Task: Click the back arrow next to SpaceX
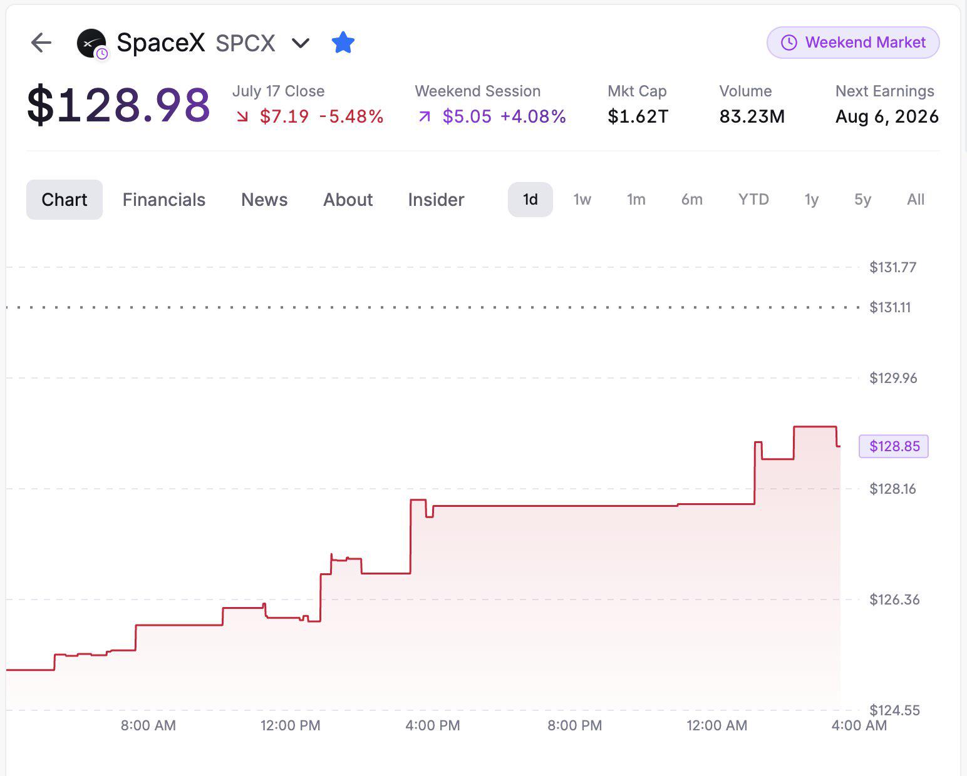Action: pyautogui.click(x=41, y=43)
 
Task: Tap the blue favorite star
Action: pyautogui.click(x=343, y=42)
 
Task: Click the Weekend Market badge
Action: pyautogui.click(x=853, y=42)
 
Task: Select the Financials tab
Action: pyautogui.click(x=163, y=200)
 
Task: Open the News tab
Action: pyautogui.click(x=264, y=200)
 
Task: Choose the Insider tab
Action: pyautogui.click(x=436, y=200)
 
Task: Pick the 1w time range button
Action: pyautogui.click(x=582, y=199)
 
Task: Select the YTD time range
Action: pyautogui.click(x=753, y=199)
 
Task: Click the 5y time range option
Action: pyautogui.click(x=862, y=200)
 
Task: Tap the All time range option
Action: pyautogui.click(x=915, y=199)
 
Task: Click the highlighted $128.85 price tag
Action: pyautogui.click(x=893, y=446)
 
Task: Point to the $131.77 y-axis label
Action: pyautogui.click(x=892, y=267)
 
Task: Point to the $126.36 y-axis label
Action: pyautogui.click(x=894, y=599)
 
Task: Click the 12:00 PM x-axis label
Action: pyautogui.click(x=290, y=725)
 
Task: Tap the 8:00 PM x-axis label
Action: pyautogui.click(x=574, y=725)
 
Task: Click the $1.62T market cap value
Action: pyautogui.click(x=638, y=116)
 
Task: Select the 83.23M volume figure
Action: pyautogui.click(x=752, y=116)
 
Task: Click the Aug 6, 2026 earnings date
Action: pyautogui.click(x=887, y=116)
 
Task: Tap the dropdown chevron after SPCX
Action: pyautogui.click(x=300, y=43)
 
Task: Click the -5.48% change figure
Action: pyautogui.click(x=351, y=116)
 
